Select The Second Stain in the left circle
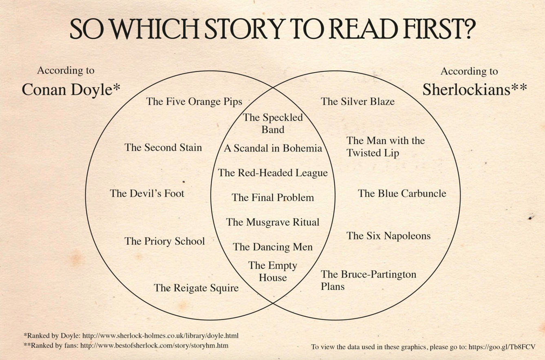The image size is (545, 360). tap(163, 148)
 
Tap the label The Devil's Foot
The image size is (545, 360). tap(147, 194)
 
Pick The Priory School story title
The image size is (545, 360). tap(165, 241)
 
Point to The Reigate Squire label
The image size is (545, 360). tap(196, 288)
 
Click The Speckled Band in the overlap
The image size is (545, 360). tap(273, 124)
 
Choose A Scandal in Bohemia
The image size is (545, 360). tap(273, 148)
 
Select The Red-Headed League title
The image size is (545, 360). tap(273, 173)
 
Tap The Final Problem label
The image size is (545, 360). tap(273, 197)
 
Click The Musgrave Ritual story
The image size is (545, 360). tap(273, 222)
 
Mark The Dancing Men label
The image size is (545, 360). tap(273, 247)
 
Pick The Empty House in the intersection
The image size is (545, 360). tap(273, 272)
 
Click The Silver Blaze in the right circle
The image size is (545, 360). tap(357, 102)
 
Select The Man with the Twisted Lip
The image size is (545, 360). tap(386, 147)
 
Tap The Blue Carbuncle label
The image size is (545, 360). tap(402, 194)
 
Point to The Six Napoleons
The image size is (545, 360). tap(388, 236)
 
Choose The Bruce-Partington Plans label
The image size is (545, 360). tap(368, 280)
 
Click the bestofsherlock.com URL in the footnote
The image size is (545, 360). tap(154, 346)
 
